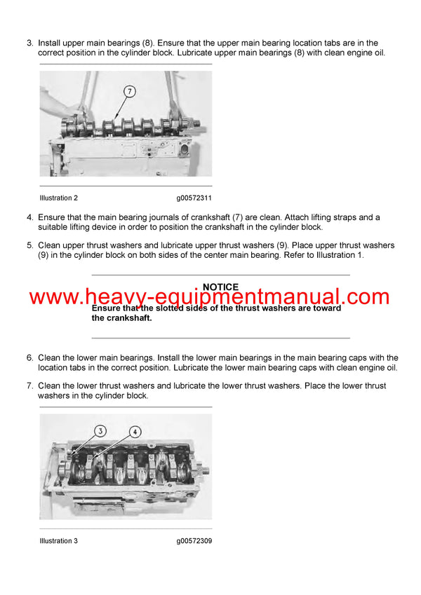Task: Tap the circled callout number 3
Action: click(x=100, y=431)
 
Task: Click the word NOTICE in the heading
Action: click(x=220, y=287)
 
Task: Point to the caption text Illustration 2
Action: click(x=59, y=198)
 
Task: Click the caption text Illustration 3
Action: click(x=59, y=541)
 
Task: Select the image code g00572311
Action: click(x=194, y=198)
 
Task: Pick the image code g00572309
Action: click(x=194, y=541)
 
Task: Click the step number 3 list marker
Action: click(x=29, y=43)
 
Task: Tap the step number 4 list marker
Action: click(x=29, y=217)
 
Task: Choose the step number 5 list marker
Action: click(x=29, y=245)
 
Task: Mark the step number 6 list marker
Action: click(x=29, y=357)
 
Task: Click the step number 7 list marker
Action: click(x=29, y=385)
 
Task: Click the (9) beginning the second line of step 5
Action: click(x=44, y=256)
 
